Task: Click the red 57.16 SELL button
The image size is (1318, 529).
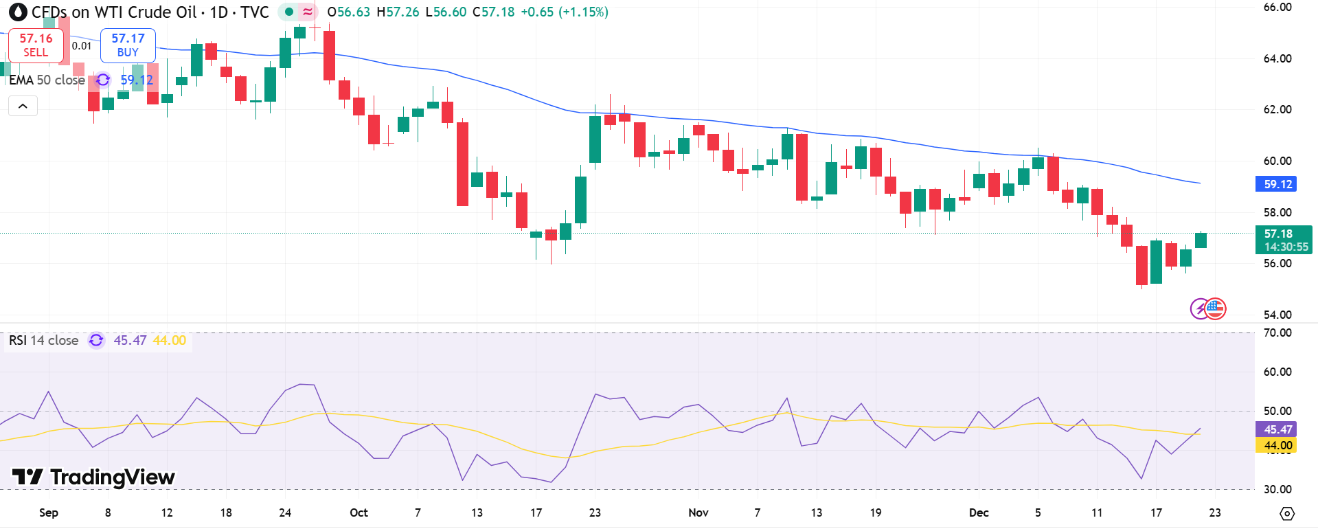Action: (36, 45)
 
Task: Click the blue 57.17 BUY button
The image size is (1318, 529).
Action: (128, 45)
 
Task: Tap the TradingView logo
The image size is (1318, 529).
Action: (93, 477)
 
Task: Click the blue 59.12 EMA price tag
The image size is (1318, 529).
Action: (1277, 184)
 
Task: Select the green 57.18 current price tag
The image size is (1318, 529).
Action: (1283, 240)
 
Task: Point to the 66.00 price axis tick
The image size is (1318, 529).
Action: (1277, 8)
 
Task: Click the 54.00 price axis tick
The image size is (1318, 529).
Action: (1277, 315)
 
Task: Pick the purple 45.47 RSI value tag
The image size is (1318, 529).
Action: (1277, 429)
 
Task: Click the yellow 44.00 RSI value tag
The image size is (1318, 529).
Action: (1277, 445)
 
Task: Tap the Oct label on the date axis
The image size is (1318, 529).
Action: (359, 513)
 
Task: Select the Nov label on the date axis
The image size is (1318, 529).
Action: (698, 513)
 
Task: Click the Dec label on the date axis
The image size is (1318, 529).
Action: (979, 513)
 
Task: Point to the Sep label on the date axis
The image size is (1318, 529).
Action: (49, 513)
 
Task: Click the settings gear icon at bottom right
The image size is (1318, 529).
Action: (1287, 513)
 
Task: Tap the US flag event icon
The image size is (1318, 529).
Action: (1216, 308)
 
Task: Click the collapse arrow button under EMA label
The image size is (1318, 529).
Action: (23, 106)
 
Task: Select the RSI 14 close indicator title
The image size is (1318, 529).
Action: (43, 341)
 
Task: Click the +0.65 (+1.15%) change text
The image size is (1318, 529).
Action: (564, 12)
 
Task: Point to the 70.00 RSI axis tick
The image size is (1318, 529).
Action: (1277, 333)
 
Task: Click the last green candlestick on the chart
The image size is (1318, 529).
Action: (1201, 240)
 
